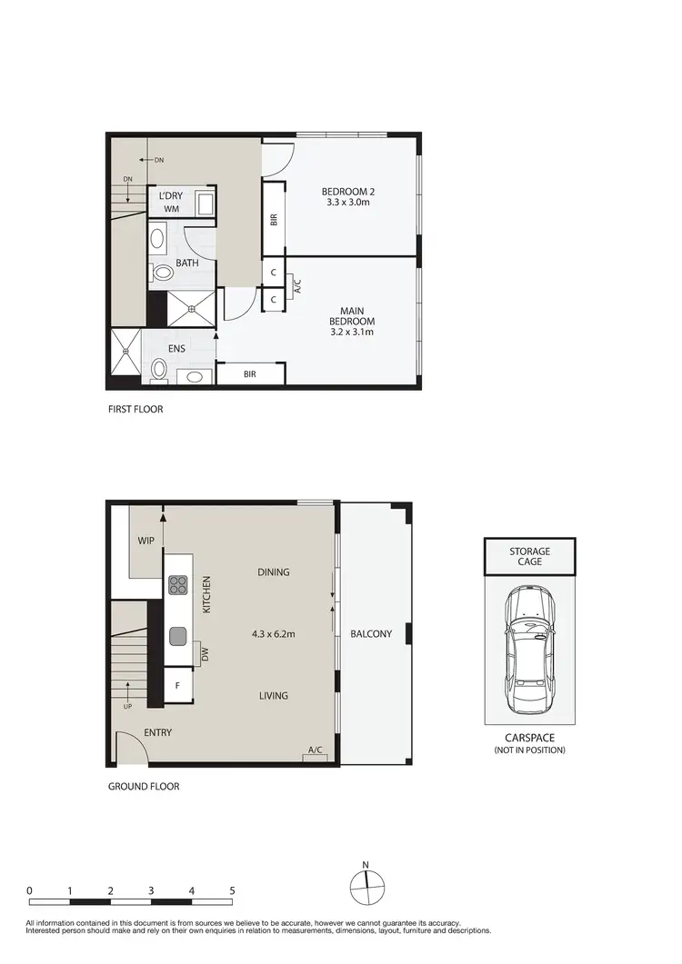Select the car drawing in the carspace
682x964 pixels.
tap(528, 650)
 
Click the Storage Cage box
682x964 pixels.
tap(529, 556)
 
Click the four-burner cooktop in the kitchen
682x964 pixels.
tap(178, 586)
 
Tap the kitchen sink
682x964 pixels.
tap(178, 635)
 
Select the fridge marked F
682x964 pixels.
tap(178, 686)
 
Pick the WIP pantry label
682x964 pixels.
tap(145, 541)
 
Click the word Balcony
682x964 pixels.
tap(371, 633)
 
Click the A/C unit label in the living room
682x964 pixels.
tap(316, 750)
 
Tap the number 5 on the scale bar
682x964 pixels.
tap(232, 890)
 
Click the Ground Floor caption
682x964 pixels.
tap(144, 786)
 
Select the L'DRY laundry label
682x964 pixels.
tap(172, 195)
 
